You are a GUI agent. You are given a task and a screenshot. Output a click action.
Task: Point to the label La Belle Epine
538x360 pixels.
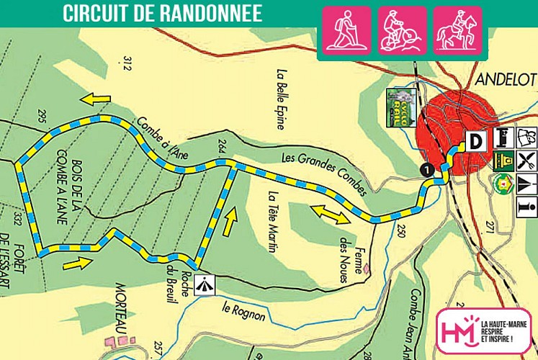tap(282, 101)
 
